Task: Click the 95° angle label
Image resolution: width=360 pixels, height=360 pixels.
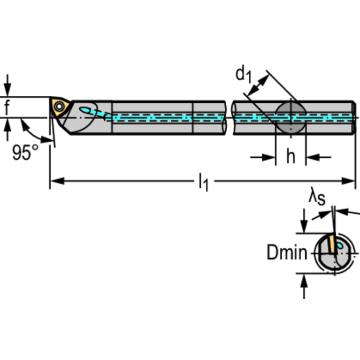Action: (x=25, y=153)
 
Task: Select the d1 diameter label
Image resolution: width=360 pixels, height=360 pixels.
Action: (x=244, y=75)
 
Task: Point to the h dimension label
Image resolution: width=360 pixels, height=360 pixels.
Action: (x=291, y=157)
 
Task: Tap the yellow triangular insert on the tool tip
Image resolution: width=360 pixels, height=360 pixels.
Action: (x=60, y=107)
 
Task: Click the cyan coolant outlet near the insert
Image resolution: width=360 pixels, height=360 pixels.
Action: (x=86, y=110)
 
